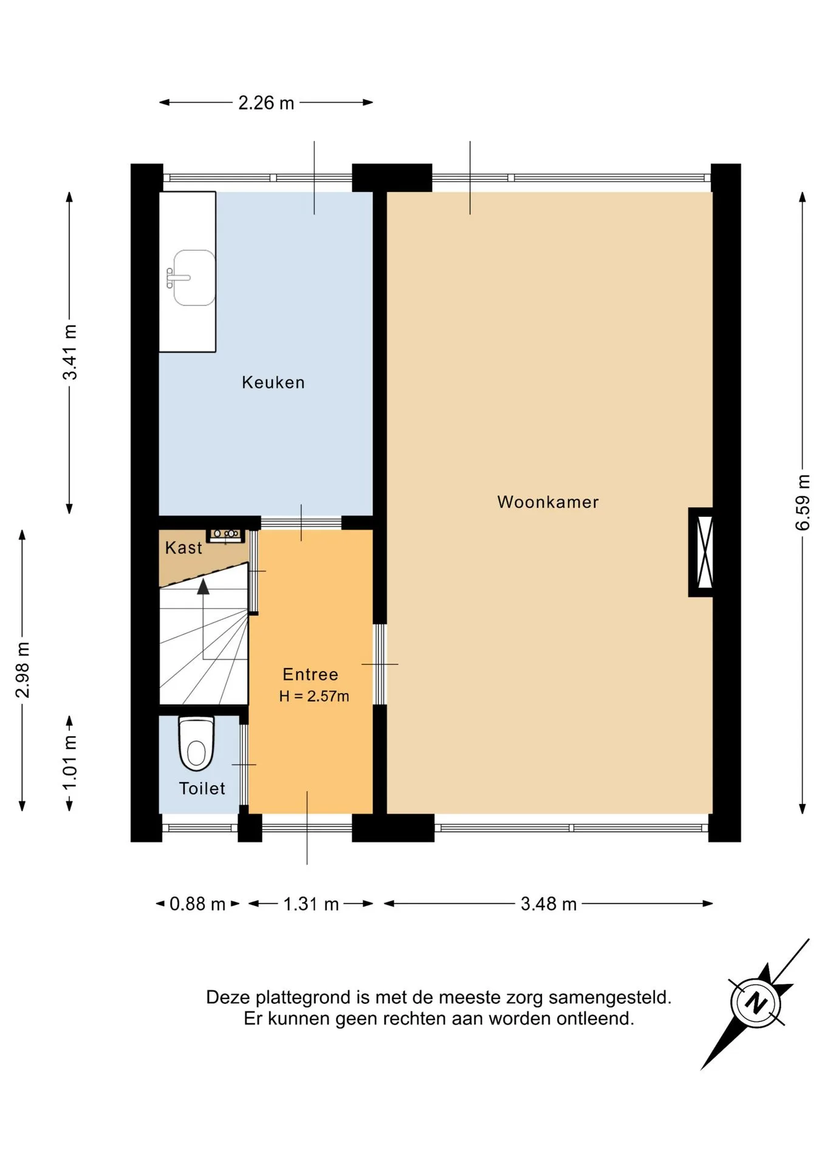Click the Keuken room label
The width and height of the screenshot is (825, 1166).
273,383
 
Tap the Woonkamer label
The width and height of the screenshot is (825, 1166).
548,502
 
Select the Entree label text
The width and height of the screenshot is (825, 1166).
310,674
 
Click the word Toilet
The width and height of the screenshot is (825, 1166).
202,788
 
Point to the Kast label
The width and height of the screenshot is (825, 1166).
183,548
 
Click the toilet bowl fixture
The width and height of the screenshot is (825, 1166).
196,743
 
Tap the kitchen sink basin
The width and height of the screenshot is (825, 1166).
194,278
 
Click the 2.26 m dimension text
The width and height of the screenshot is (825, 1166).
266,103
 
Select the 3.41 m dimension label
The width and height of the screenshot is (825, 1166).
70,352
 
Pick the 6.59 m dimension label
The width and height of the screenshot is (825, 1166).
803,502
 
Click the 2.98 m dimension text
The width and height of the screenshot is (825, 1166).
22,670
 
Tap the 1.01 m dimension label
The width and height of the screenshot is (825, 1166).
70,762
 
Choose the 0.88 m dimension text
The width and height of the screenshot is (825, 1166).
197,904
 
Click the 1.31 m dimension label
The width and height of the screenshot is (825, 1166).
311,904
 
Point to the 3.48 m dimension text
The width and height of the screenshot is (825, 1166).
549,904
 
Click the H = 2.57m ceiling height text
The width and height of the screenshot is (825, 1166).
314,696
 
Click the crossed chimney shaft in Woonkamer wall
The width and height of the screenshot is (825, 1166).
705,552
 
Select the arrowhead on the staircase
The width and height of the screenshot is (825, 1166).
203,586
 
